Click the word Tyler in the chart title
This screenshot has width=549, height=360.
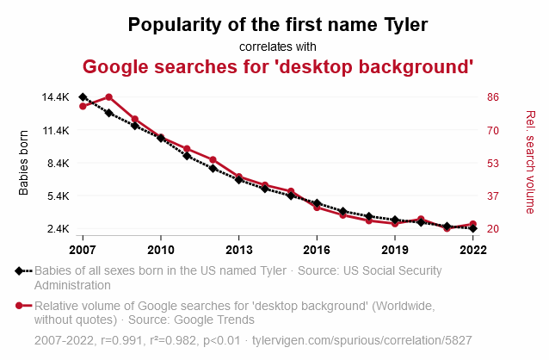click(x=398, y=24)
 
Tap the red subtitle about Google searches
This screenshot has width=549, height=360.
click(x=278, y=66)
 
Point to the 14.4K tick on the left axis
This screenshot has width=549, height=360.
click(x=55, y=97)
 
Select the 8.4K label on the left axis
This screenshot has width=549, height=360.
click(x=58, y=163)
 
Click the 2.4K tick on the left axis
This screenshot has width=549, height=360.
click(x=58, y=229)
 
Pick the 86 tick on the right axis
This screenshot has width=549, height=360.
click(x=493, y=97)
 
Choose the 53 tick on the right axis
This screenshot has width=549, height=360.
click(x=493, y=163)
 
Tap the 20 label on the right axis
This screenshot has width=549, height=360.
click(x=493, y=229)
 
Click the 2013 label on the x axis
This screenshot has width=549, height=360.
click(x=238, y=250)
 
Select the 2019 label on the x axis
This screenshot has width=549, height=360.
click(x=394, y=250)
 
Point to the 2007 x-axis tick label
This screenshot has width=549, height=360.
click(x=83, y=250)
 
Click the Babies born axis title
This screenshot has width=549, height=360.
click(x=24, y=163)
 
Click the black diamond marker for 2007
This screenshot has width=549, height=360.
click(x=83, y=97)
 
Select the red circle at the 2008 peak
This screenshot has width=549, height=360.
click(x=108, y=97)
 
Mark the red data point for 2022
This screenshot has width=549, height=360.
click(x=473, y=224)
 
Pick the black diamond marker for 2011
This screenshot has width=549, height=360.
click(x=187, y=156)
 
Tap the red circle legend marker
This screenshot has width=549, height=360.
click(x=19, y=306)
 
